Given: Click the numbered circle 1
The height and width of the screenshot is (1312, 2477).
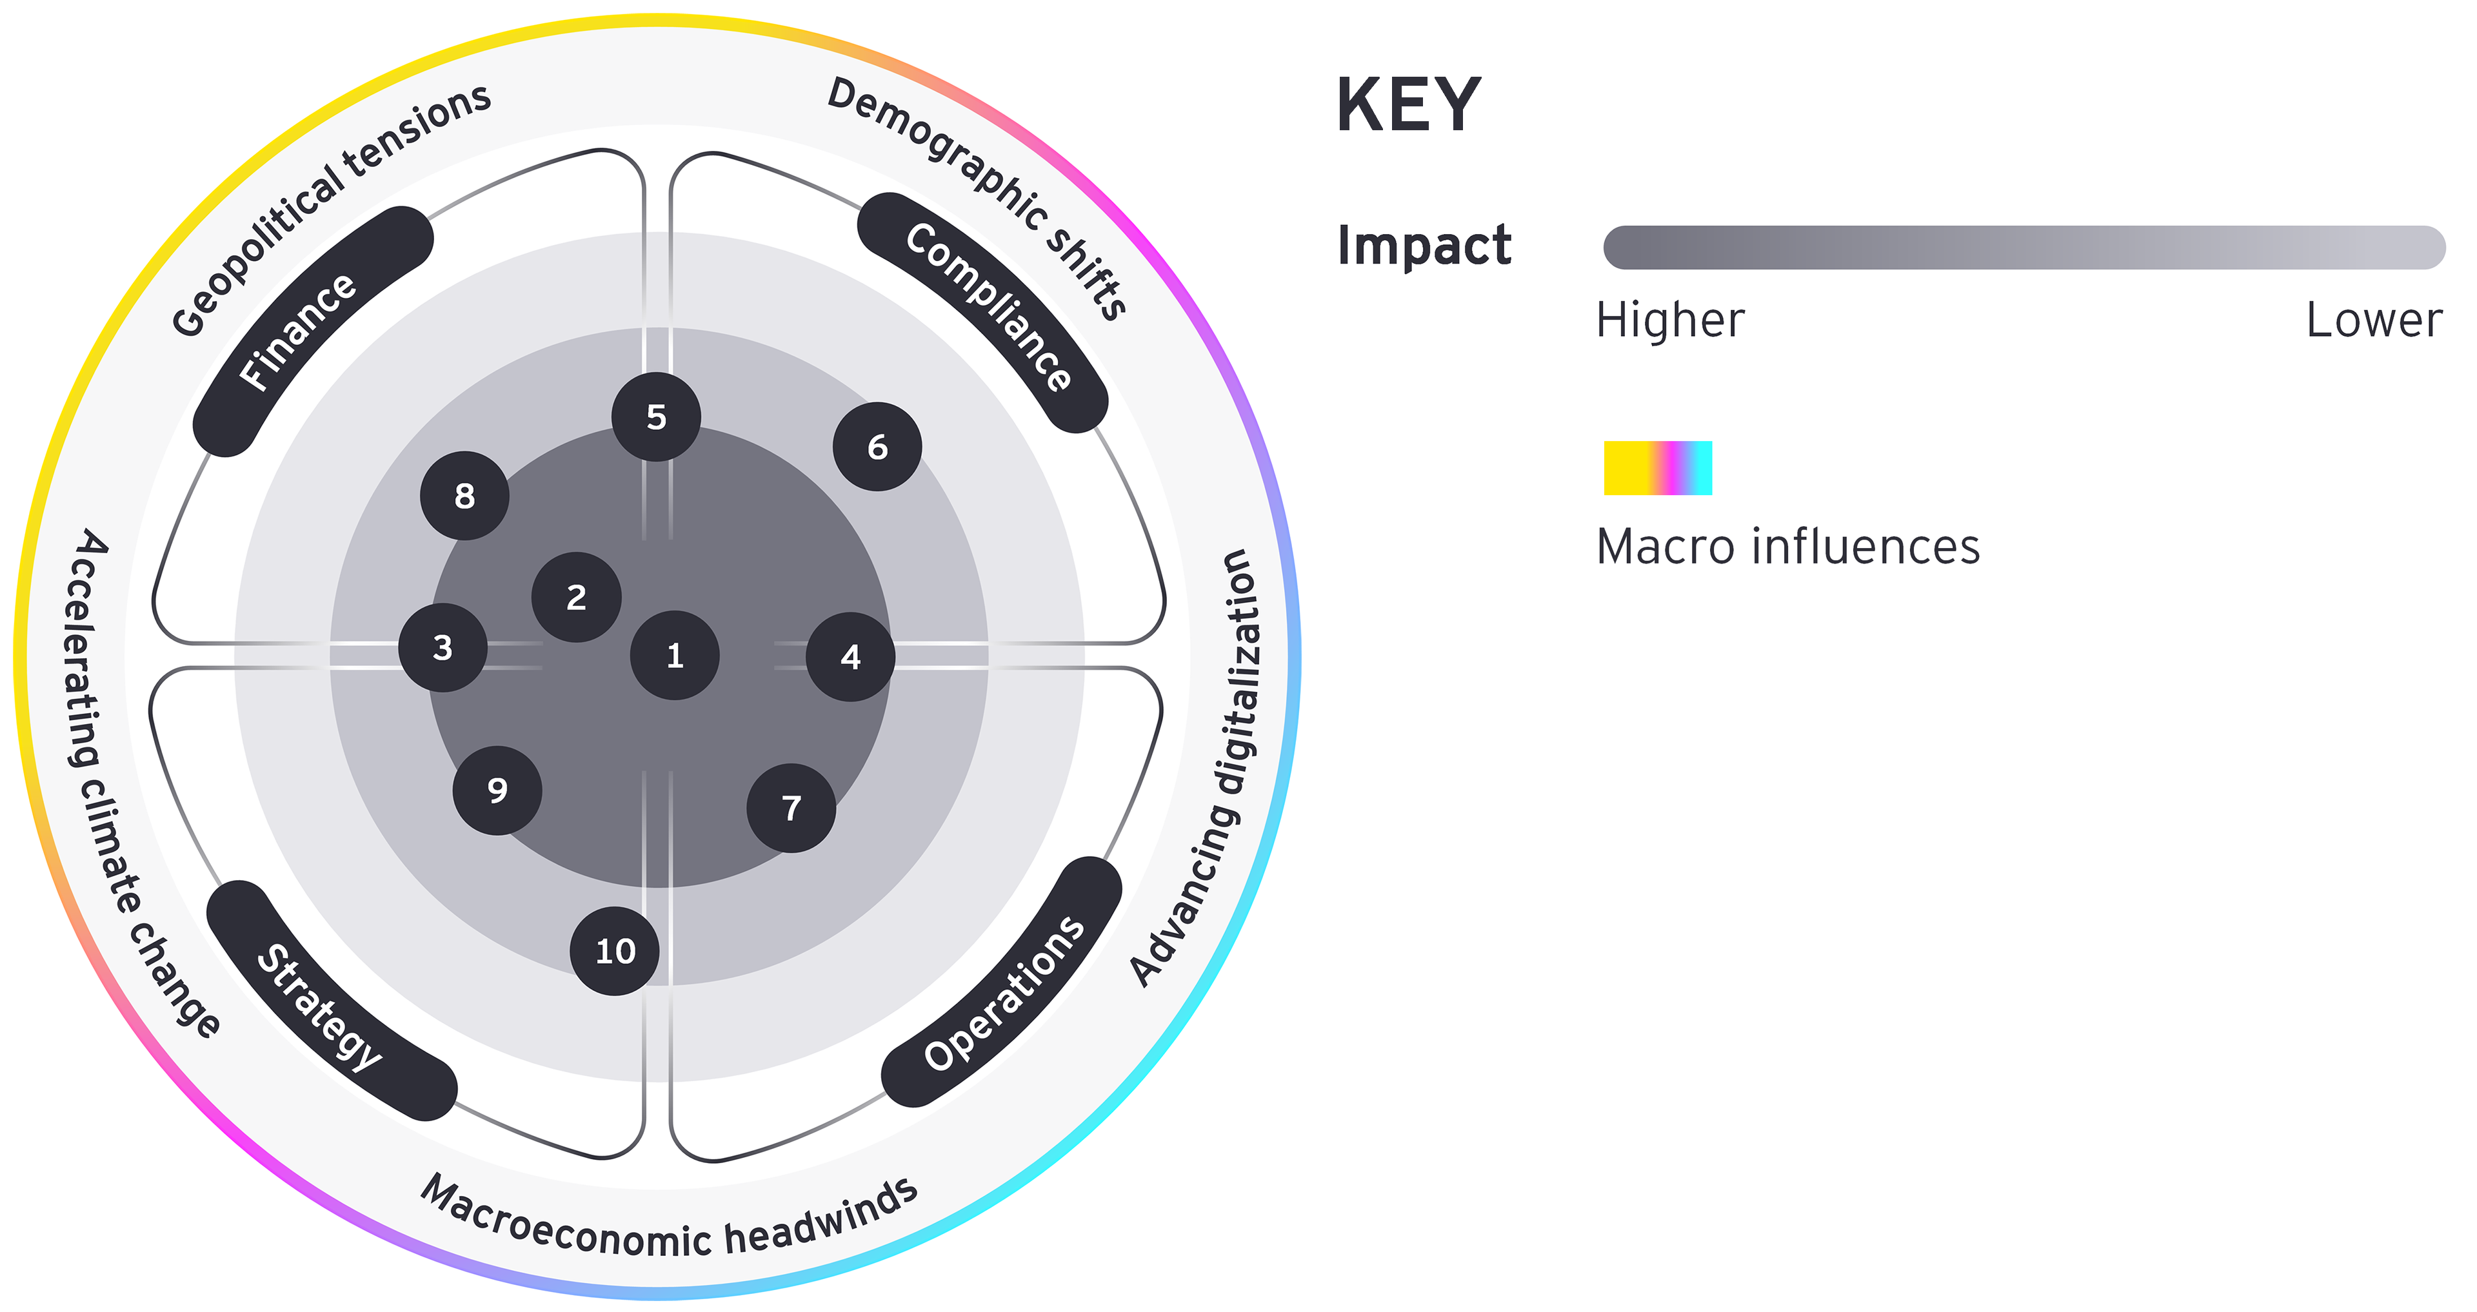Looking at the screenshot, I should pos(674,656).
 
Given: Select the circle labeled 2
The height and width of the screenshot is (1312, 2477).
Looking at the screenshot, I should pos(576,597).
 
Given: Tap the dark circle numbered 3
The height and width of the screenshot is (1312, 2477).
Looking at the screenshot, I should pos(443,648).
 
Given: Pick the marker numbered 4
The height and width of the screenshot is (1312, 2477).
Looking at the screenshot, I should pos(850,656).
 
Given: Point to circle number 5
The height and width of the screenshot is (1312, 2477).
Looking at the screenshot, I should pos(656,416).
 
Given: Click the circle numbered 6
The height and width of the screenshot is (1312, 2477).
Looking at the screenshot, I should pos(877,446).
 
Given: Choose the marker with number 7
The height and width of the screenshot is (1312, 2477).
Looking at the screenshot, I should pos(790,807).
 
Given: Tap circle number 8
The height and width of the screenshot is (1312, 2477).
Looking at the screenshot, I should pos(464,495).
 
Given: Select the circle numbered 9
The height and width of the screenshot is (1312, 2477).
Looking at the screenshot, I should pos(497,790).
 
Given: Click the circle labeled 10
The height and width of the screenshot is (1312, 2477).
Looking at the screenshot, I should pos(615,950).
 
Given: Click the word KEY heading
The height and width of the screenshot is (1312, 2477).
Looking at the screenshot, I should pos(1409,105).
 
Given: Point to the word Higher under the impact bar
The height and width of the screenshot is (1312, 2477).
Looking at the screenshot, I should pos(1670,320).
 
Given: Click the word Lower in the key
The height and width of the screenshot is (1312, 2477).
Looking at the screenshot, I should pos(2373,320).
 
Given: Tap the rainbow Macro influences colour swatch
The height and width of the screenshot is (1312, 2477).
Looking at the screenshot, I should pos(1658,468).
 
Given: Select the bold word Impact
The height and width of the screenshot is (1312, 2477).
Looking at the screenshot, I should pos(1424,246).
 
